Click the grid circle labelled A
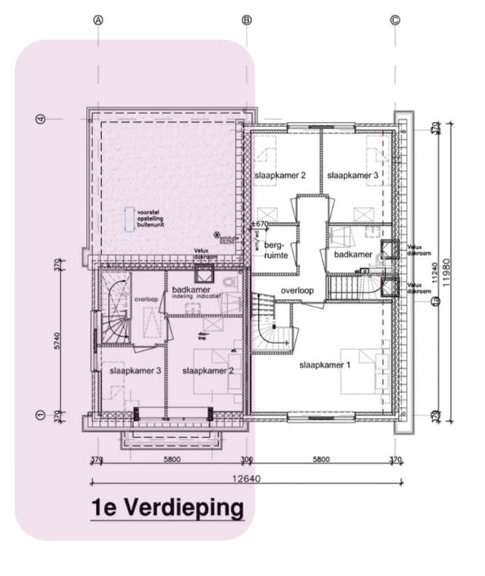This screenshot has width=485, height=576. (98, 20)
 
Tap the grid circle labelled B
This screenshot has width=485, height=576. (247, 20)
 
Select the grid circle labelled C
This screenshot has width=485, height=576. (395, 20)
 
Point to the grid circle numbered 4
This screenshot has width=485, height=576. (38, 120)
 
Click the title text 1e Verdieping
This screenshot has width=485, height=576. (167, 508)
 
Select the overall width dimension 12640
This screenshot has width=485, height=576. (247, 478)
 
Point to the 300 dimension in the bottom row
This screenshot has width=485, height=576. (247, 460)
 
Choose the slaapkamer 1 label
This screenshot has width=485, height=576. (324, 364)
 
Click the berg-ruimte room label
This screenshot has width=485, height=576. (277, 250)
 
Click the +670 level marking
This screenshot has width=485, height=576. (260, 224)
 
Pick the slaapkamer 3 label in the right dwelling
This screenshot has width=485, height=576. (352, 175)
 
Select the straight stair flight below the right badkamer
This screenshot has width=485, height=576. (353, 285)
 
